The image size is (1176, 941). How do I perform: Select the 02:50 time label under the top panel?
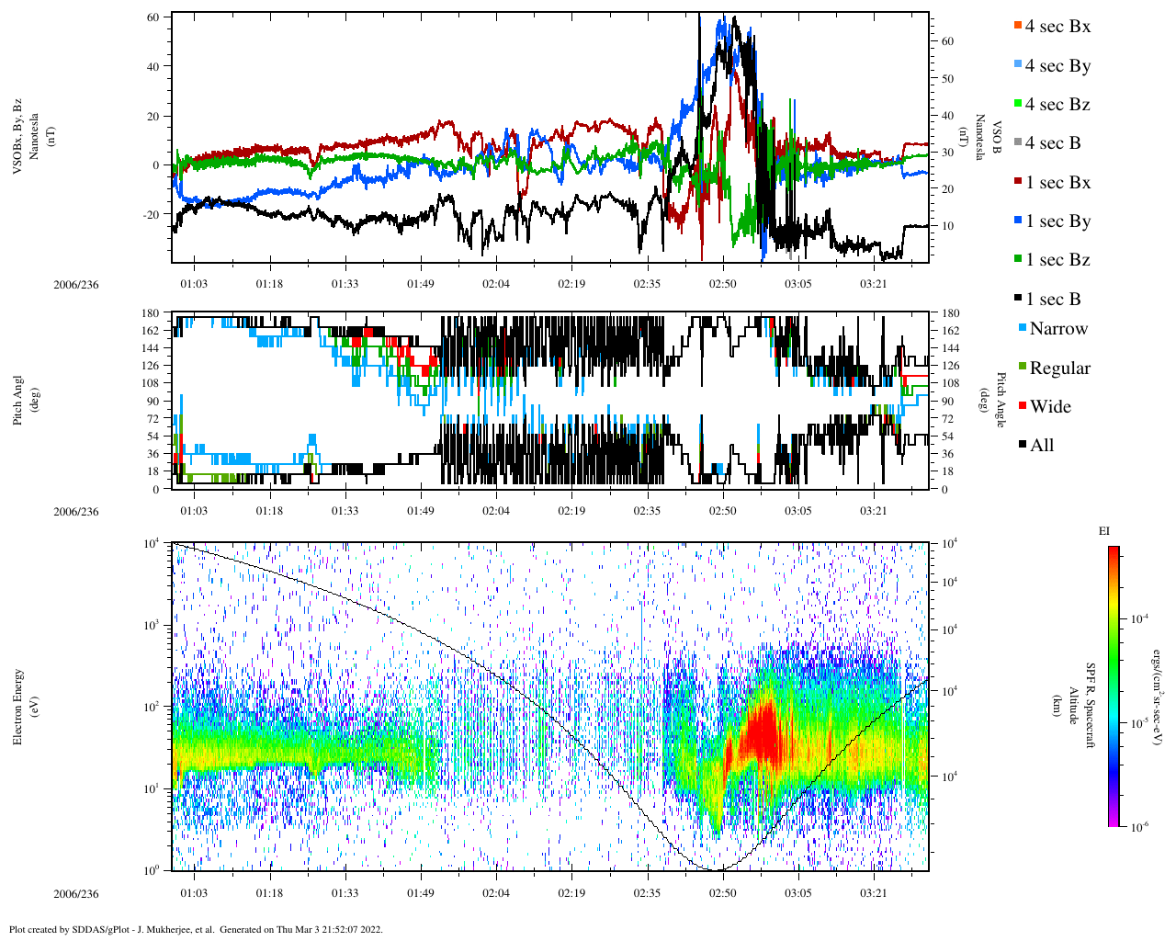point(722,284)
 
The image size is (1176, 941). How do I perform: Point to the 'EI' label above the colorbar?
point(1104,531)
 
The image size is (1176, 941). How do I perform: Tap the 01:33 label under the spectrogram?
point(345,893)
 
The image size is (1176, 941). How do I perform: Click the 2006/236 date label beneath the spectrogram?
point(75,894)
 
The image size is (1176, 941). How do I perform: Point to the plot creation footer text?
point(196,929)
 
